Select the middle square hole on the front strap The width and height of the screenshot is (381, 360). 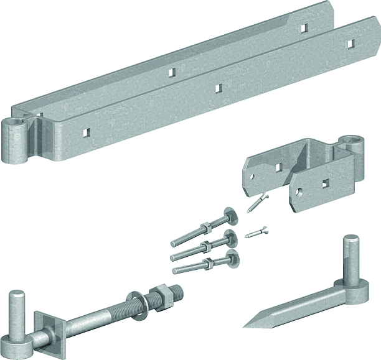point(218,88)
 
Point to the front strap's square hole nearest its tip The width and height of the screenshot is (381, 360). point(351,44)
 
